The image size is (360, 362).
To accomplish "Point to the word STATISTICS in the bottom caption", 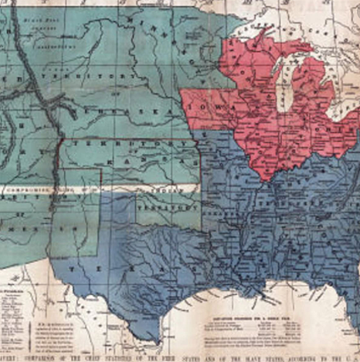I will (131, 357).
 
